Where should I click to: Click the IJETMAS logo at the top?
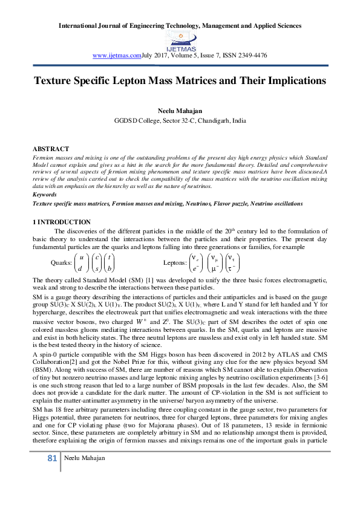(x=179, y=41)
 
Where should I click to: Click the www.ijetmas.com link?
(x=116, y=55)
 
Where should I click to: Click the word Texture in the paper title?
(x=53, y=81)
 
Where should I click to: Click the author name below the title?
(x=180, y=111)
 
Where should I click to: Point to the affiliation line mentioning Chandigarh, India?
(x=180, y=120)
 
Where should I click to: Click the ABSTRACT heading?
(x=50, y=149)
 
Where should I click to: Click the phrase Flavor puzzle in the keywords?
(x=232, y=204)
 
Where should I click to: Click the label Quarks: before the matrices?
(x=62, y=263)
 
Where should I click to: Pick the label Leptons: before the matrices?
(x=175, y=263)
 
